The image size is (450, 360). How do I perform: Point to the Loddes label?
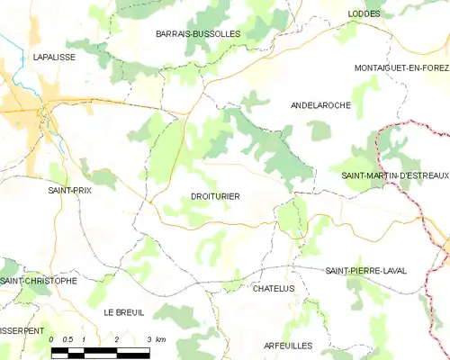click(x=364, y=14)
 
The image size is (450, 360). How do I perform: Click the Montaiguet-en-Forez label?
click(x=400, y=68)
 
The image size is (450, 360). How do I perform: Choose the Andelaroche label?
click(x=320, y=105)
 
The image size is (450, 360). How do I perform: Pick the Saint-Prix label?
click(x=69, y=191)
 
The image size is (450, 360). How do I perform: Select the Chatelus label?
click(x=274, y=288)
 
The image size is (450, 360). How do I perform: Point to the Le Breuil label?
click(x=124, y=311)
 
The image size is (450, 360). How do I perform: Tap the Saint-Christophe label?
click(x=39, y=281)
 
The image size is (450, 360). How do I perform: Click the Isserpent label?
click(x=21, y=330)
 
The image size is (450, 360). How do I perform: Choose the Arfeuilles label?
click(x=289, y=346)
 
